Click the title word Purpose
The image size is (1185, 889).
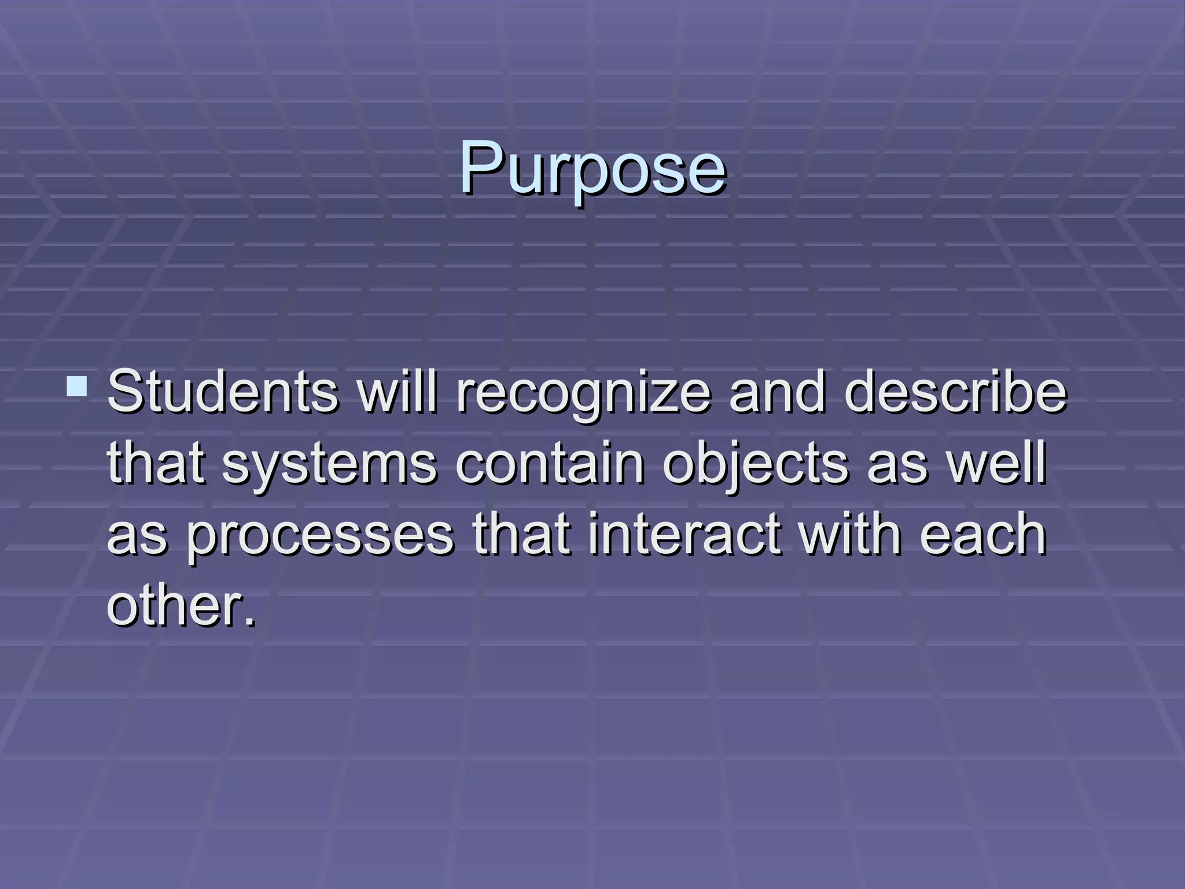[592, 168]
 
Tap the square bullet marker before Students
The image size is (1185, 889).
[77, 386]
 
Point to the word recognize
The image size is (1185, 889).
[583, 394]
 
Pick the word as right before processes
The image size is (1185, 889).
[137, 535]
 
